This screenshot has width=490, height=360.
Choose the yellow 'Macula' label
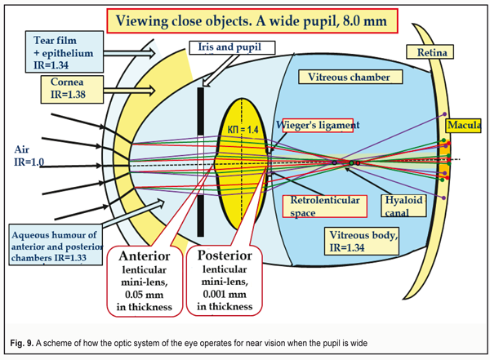[x=463, y=126]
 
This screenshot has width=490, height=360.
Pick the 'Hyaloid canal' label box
[x=405, y=205]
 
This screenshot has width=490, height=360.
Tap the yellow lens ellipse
[x=242, y=163]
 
